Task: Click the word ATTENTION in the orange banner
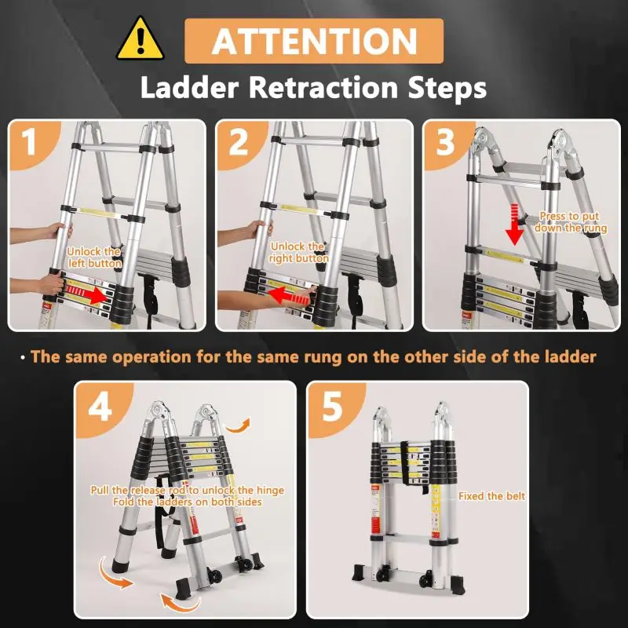click(x=314, y=41)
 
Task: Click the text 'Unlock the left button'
click(x=94, y=257)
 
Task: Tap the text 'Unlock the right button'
click(x=298, y=252)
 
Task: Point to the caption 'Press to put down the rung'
click(x=571, y=221)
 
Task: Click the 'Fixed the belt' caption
click(x=491, y=496)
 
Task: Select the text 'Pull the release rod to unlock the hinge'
click(x=187, y=490)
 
